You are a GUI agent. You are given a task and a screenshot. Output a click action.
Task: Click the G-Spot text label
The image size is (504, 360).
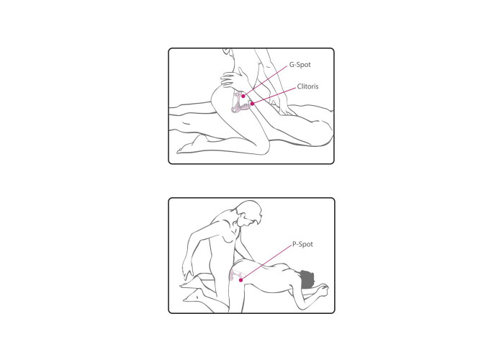(x=300, y=65)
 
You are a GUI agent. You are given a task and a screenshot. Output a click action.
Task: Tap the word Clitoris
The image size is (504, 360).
(x=307, y=86)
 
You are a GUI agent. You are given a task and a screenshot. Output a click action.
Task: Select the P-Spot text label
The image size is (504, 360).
(x=302, y=244)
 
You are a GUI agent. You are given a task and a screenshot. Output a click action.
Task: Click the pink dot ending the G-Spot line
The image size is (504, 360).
(x=243, y=96)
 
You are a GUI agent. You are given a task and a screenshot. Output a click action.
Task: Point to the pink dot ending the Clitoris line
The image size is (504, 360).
(x=252, y=104)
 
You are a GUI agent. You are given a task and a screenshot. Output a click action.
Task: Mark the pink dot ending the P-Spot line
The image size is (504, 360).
(x=240, y=280)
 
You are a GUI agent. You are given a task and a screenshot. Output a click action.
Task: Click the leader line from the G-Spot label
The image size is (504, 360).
(x=266, y=81)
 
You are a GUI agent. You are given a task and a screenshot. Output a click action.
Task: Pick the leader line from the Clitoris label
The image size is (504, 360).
(x=274, y=96)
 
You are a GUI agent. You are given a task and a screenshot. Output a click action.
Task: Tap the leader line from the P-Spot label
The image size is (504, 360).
(x=266, y=262)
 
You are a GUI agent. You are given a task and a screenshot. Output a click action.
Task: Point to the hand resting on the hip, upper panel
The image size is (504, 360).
(x=234, y=80)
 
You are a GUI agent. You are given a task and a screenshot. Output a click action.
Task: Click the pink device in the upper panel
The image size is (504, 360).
(x=240, y=102)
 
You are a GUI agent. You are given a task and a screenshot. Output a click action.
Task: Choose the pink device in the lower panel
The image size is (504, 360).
(x=235, y=275)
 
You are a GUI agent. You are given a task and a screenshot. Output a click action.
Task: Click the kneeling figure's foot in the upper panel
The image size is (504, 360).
(x=192, y=145)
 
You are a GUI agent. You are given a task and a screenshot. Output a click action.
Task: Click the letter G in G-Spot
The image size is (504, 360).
(x=292, y=64)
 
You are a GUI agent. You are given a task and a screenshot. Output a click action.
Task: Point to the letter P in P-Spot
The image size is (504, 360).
(x=294, y=244)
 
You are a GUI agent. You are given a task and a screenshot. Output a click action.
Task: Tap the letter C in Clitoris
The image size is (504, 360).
(x=300, y=86)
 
